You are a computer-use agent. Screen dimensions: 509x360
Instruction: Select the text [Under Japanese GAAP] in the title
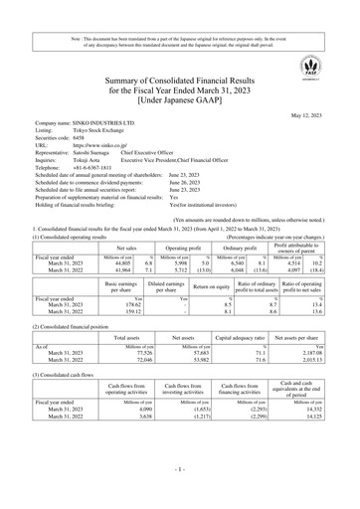(x=180, y=101)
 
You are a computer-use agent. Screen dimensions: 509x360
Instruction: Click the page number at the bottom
(x=180, y=494)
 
